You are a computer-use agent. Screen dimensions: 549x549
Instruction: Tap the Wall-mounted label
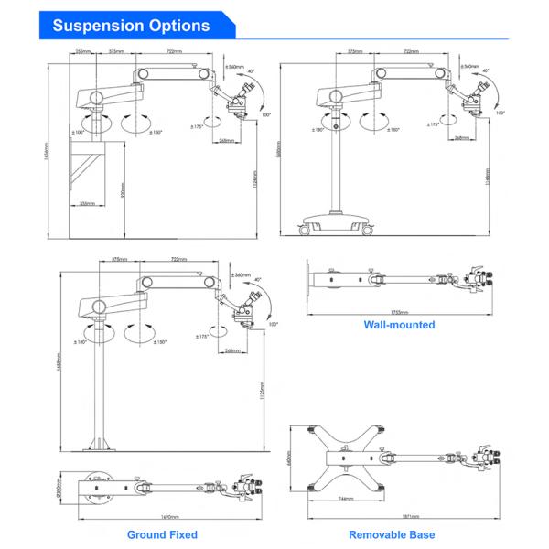point(399,324)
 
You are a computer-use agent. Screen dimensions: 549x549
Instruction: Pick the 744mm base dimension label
point(345,498)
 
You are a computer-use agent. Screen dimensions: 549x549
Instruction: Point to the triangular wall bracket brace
point(90,174)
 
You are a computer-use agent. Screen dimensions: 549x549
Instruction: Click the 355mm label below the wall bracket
point(87,203)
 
